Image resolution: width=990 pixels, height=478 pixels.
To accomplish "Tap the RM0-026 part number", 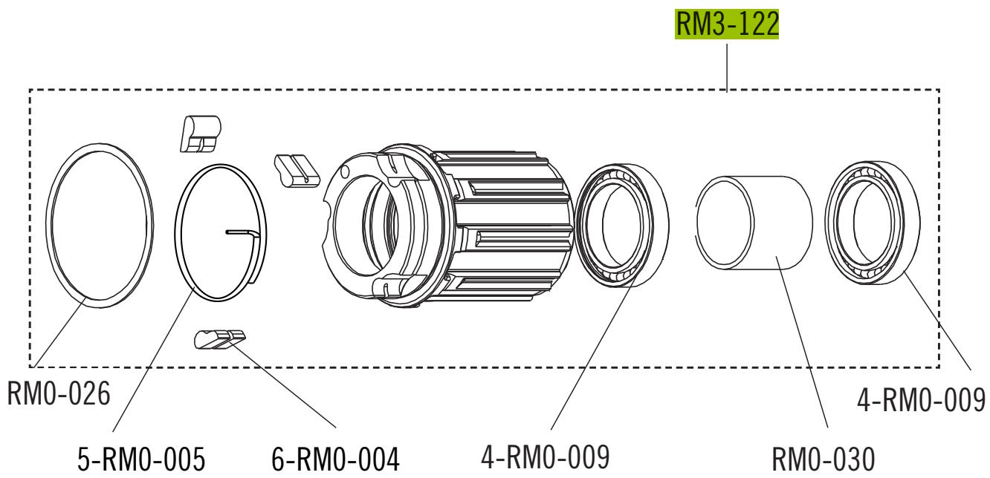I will pyautogui.click(x=59, y=393).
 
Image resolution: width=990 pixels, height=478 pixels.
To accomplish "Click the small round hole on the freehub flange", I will pyautogui.click(x=343, y=173).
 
